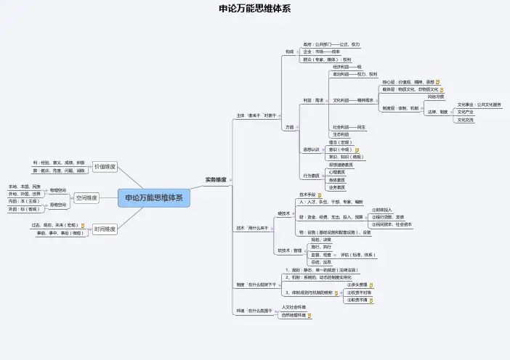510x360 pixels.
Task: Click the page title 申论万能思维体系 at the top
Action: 254,9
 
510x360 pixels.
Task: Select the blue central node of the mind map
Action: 154,197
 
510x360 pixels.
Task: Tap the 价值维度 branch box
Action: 105,167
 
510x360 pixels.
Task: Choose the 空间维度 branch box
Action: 86,197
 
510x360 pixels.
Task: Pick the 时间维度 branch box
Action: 105,229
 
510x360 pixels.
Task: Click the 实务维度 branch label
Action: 215,179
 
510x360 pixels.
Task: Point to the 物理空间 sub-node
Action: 58,190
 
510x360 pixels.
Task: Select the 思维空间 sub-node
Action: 58,205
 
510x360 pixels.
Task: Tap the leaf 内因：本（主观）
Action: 25,202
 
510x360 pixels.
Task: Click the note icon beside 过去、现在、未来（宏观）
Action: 82,226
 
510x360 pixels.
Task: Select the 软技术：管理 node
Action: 289,250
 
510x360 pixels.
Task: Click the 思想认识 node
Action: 311,150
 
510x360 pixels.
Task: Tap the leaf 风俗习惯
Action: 436,97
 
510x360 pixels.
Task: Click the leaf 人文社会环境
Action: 294,307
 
